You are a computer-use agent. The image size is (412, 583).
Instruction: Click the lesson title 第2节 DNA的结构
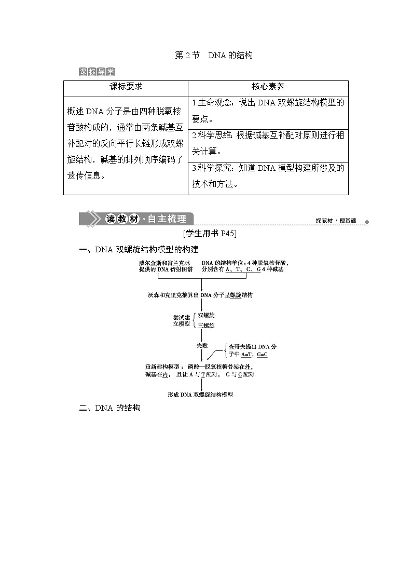pos(214,55)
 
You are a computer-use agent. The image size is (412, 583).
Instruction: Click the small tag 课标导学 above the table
pos(97,72)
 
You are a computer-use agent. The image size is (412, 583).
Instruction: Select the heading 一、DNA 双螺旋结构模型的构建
pos(139,250)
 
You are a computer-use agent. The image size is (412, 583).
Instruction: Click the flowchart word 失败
pos(202,345)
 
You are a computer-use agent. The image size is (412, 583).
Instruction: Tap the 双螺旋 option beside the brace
pos(207,315)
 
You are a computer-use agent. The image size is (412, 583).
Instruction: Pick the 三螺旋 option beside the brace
pos(207,326)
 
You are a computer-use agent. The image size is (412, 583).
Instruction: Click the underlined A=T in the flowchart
pos(246,355)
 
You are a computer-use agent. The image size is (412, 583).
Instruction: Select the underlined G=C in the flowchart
pos(262,355)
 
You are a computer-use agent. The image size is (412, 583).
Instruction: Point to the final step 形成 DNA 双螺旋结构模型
pos(200,395)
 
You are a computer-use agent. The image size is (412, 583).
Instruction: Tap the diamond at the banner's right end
pos(367,222)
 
